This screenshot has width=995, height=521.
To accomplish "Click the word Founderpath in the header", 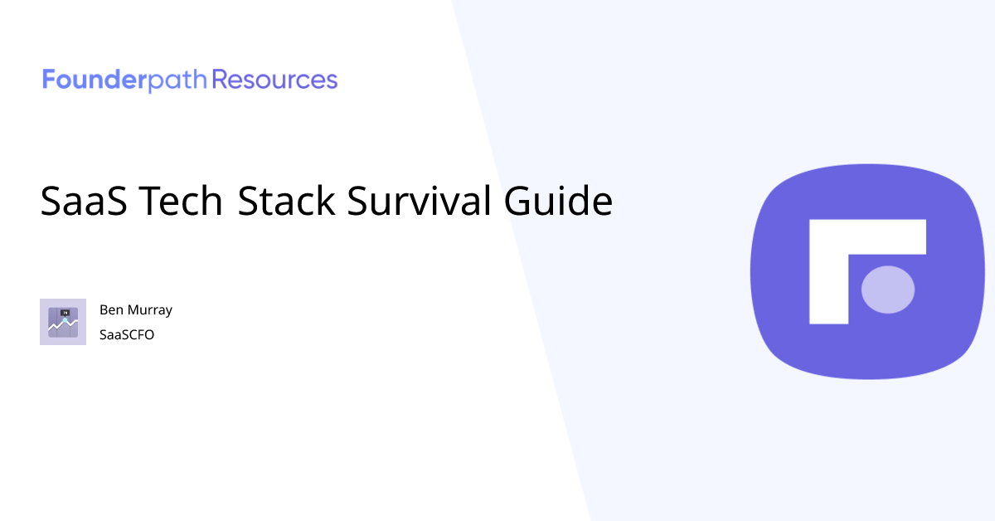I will click(125, 80).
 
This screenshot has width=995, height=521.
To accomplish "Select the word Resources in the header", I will click(275, 80).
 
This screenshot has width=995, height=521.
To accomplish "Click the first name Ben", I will click(111, 310).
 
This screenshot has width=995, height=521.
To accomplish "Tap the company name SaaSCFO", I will click(127, 335).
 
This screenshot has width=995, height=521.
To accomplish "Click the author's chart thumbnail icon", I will click(63, 322).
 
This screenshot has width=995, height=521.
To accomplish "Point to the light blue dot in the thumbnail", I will click(65, 319).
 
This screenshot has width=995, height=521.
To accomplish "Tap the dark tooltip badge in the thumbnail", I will click(65, 312).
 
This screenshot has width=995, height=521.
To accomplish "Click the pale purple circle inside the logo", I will click(888, 290).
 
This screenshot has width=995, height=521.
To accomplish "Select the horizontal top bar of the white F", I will click(867, 237).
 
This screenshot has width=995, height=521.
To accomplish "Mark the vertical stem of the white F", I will click(828, 282).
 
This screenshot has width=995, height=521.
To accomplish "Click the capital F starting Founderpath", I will click(49, 80).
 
